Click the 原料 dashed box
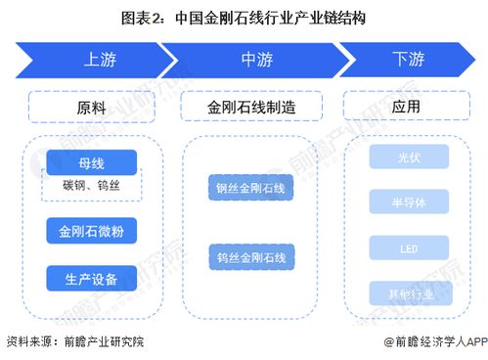pyautogui.click(x=91, y=106)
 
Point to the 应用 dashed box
pyautogui.click(x=407, y=106)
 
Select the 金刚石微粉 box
pyautogui.click(x=91, y=231)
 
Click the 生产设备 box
pyautogui.click(x=91, y=278)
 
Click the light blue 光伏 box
pyautogui.click(x=409, y=157)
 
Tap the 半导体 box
pyautogui.click(x=409, y=202)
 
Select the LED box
pyautogui.click(x=409, y=247)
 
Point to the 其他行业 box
pyautogui.click(x=409, y=292)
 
